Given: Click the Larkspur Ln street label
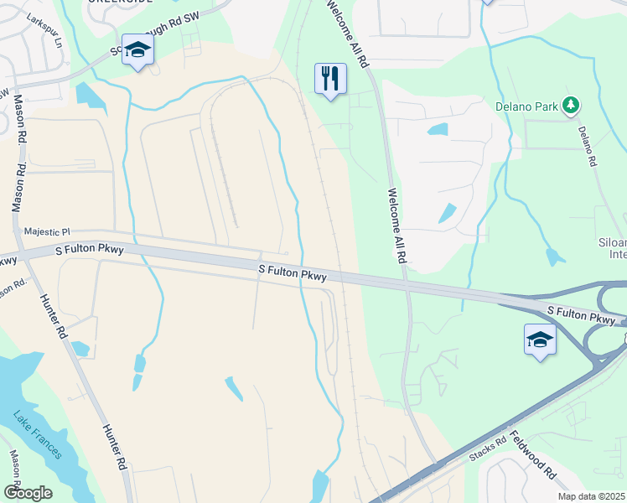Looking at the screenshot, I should (44, 29).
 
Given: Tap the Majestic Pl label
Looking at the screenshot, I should (49, 231).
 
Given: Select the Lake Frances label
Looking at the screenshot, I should (37, 434).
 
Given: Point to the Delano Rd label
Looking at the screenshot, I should (587, 145).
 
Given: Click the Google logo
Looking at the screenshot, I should (27, 493).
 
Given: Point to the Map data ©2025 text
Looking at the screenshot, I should (592, 496).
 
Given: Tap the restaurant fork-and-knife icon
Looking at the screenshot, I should (330, 79).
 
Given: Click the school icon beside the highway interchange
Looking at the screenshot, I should (540, 339).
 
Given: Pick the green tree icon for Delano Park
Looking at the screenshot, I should (571, 105).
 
